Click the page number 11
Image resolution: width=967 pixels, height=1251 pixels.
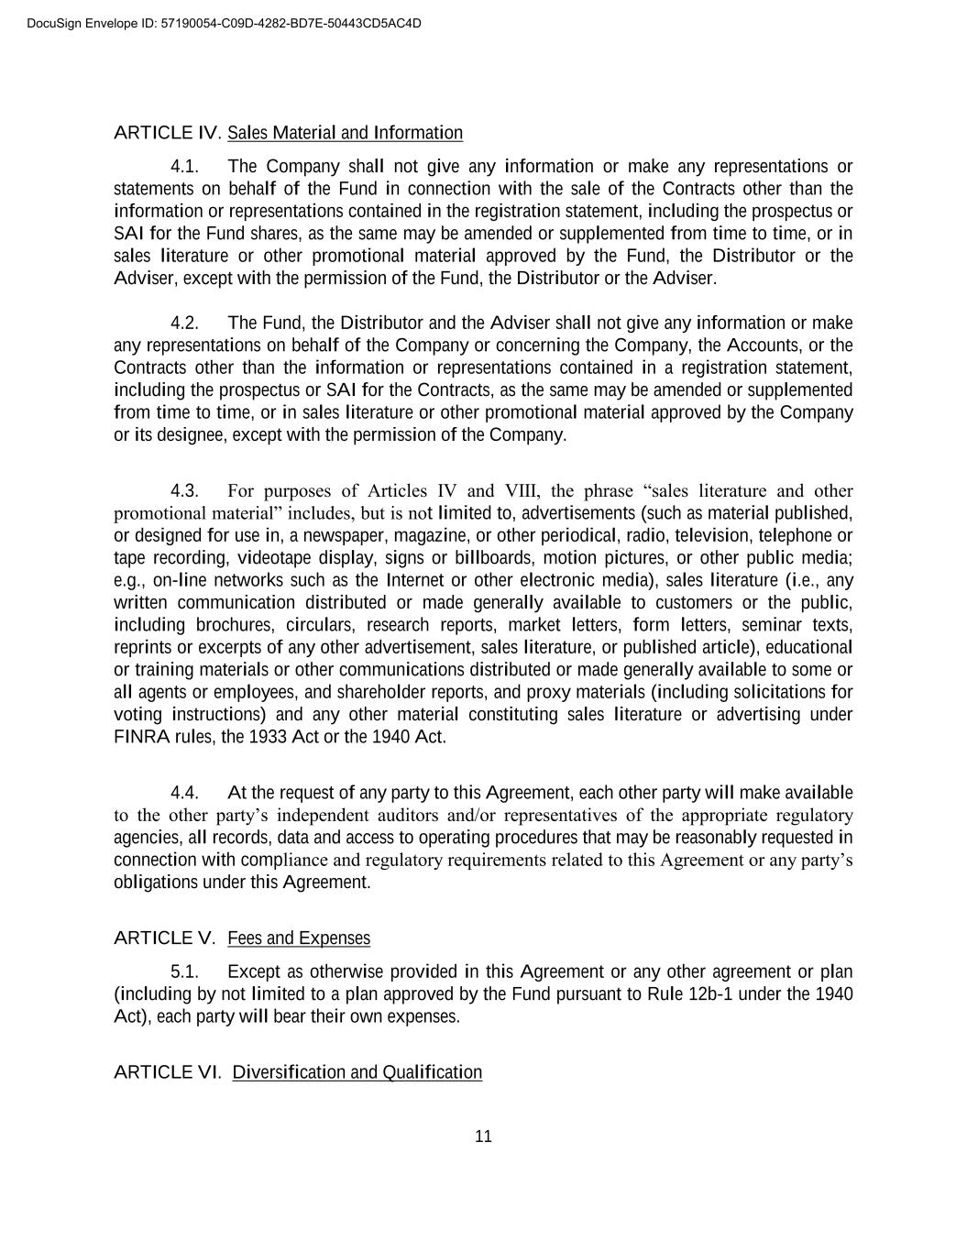[484, 1136]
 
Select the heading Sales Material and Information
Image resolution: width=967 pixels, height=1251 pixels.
[345, 133]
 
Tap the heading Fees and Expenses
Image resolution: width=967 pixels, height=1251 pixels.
[299, 938]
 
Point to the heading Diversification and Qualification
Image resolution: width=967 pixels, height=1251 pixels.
[357, 1072]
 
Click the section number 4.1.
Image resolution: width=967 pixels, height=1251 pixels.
[185, 167]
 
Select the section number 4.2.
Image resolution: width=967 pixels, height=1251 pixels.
[185, 323]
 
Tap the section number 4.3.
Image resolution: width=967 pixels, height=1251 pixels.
[185, 490]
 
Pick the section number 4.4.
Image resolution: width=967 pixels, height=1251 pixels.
[185, 793]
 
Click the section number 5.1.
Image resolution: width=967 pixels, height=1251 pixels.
[185, 971]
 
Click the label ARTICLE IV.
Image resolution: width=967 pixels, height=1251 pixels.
[167, 133]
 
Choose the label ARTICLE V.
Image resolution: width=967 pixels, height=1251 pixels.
[164, 938]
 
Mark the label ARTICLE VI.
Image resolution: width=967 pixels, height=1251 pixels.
[167, 1072]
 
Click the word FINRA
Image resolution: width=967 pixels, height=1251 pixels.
[137, 737]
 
